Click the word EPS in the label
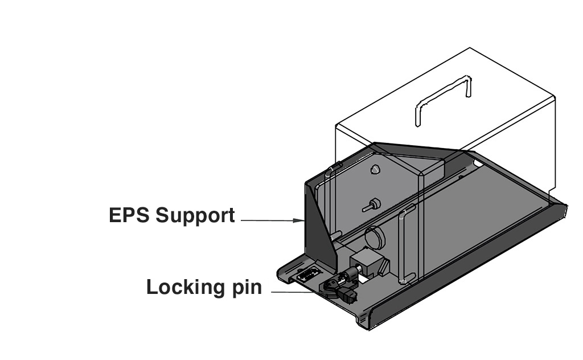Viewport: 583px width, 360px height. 129,216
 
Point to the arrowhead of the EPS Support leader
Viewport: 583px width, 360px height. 302,220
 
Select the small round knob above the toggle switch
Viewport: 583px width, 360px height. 374,169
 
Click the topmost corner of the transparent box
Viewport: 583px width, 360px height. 469,49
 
